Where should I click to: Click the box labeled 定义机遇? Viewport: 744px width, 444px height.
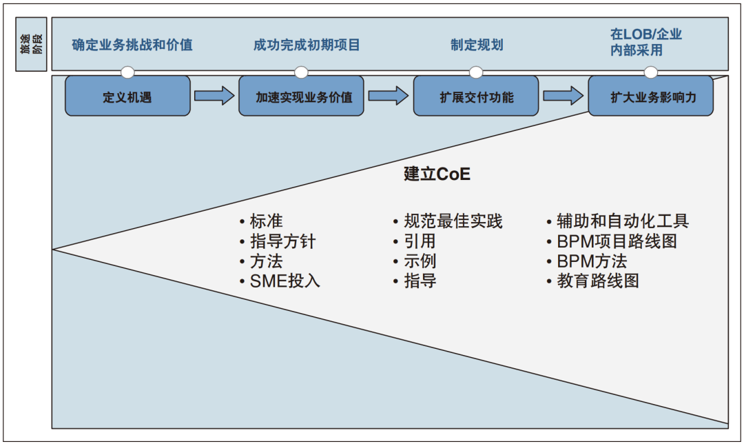(x=127, y=97)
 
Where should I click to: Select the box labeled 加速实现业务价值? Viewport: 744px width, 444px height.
(x=301, y=97)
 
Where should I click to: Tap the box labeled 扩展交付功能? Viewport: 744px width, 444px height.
(x=476, y=97)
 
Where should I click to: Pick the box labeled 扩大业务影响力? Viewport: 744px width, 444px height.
(x=650, y=97)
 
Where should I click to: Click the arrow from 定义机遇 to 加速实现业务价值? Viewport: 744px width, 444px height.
(x=214, y=95)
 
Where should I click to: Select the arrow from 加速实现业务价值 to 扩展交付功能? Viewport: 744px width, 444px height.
(x=389, y=95)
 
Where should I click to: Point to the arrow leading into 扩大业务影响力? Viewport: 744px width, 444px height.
(x=563, y=95)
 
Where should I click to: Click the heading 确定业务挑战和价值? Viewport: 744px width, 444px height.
(x=132, y=46)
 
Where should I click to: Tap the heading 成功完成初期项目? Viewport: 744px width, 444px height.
(x=307, y=46)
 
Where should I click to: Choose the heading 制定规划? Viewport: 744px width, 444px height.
(x=477, y=46)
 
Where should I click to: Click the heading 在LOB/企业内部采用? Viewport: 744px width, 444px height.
(x=645, y=41)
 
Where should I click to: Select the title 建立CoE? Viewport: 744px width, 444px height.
(x=437, y=174)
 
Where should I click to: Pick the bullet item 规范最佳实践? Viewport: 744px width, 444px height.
(x=452, y=221)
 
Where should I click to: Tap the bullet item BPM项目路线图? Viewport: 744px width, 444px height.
(x=617, y=241)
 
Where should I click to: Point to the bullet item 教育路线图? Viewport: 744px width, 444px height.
(x=597, y=281)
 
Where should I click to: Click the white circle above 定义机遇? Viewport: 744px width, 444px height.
(x=127, y=72)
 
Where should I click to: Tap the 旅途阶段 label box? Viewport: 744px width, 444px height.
(x=32, y=45)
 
